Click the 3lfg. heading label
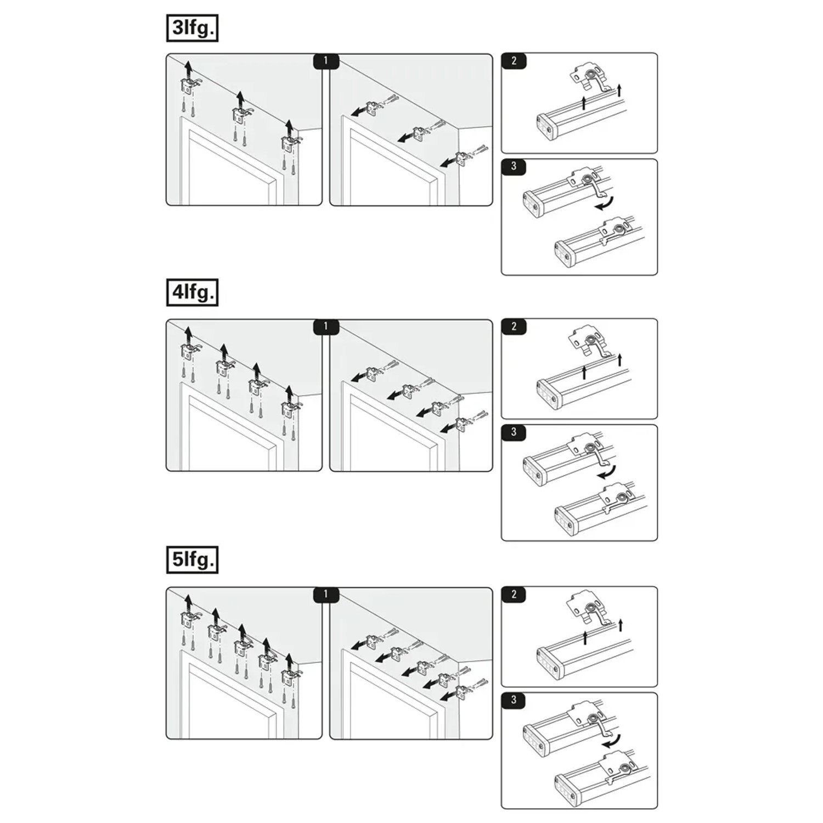click(192, 28)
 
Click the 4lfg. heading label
click(192, 292)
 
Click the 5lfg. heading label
click(192, 560)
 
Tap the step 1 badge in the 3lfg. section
click(326, 61)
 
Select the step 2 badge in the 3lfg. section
click(514, 61)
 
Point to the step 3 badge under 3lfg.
click(514, 167)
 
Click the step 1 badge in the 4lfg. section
click(326, 326)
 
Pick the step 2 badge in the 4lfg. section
click(514, 326)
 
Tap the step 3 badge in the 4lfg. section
click(514, 432)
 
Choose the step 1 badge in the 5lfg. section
click(326, 594)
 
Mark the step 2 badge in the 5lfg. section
click(514, 594)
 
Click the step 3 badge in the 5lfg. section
click(514, 700)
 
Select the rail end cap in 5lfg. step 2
click(550, 664)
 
